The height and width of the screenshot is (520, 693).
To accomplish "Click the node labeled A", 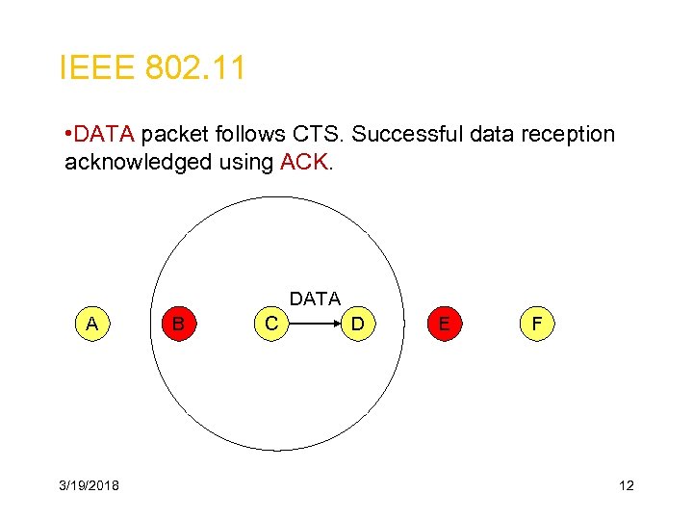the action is (x=91, y=324).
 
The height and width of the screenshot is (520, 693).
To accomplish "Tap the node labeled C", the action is (x=272, y=324).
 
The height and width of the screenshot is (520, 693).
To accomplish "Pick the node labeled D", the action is (x=357, y=324).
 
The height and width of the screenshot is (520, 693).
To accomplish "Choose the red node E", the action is (x=443, y=324).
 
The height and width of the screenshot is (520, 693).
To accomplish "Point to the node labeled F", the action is (x=537, y=324).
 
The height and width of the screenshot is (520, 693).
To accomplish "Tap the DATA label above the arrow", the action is (x=315, y=299).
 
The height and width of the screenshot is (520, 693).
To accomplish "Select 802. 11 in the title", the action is (x=195, y=68).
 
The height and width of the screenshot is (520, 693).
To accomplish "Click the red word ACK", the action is (x=304, y=162).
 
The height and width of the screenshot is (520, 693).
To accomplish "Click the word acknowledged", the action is (x=138, y=162).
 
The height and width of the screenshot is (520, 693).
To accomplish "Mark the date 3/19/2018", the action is (x=90, y=485).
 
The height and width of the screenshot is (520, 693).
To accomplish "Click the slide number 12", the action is (x=626, y=485).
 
